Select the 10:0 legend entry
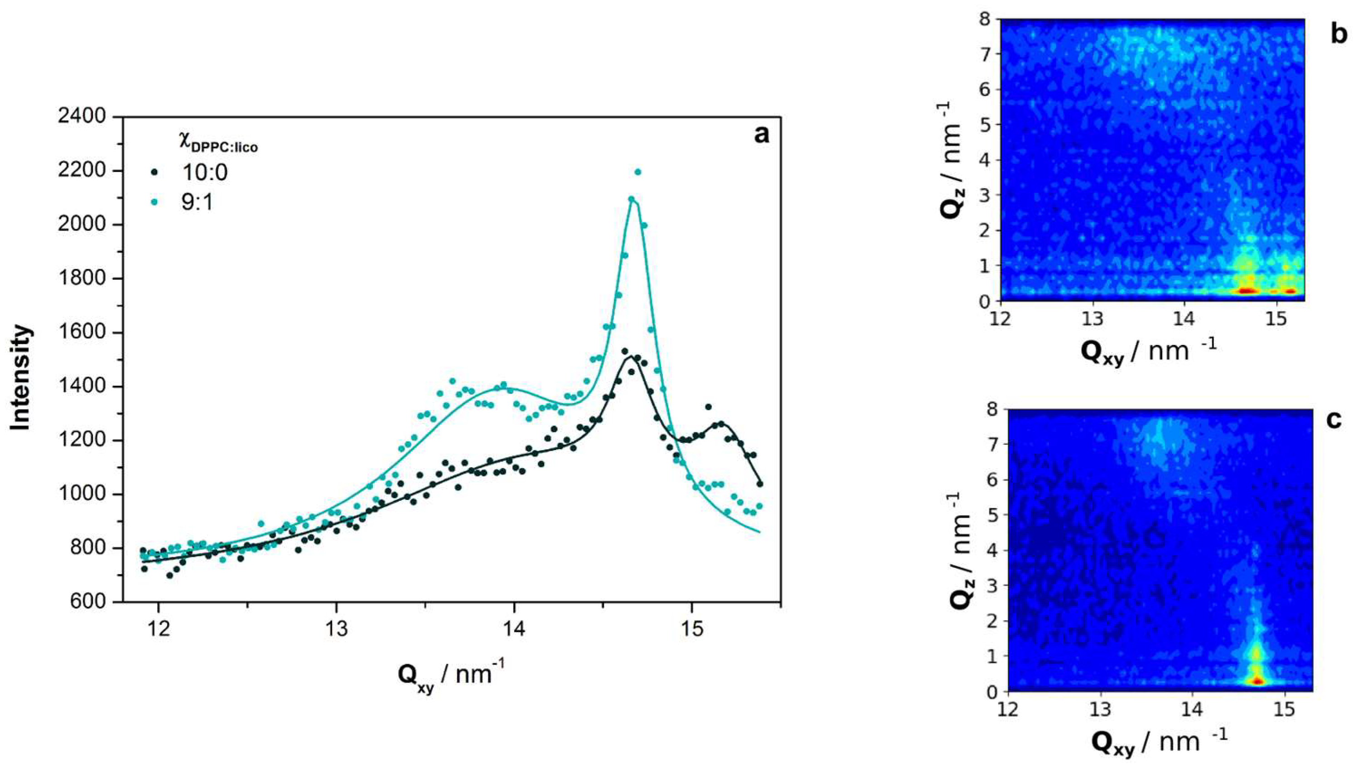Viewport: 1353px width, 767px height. click(x=204, y=172)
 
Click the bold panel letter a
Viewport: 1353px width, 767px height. click(x=761, y=135)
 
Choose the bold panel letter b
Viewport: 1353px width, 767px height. click(x=1338, y=34)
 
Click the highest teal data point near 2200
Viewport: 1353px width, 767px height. click(x=637, y=172)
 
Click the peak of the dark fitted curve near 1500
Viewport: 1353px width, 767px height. click(x=631, y=357)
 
